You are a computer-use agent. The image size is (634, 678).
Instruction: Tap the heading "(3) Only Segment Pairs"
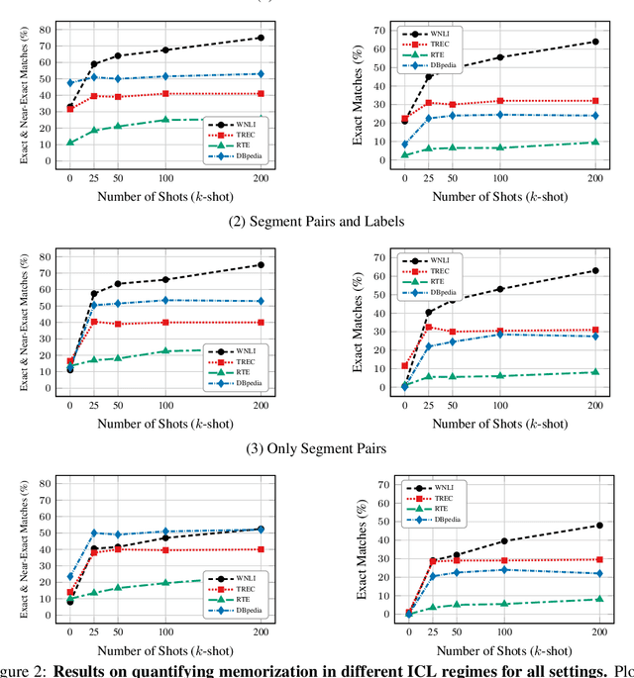click(317, 448)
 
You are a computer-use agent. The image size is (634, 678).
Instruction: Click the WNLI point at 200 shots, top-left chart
click(261, 38)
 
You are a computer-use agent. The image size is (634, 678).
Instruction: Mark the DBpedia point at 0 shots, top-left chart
click(69, 83)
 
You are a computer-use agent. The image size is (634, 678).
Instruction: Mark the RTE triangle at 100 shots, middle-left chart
click(165, 350)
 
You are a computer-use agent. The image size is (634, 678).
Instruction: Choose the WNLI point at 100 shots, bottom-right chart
click(504, 541)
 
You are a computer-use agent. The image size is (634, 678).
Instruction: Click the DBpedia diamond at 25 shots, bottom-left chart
click(93, 533)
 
